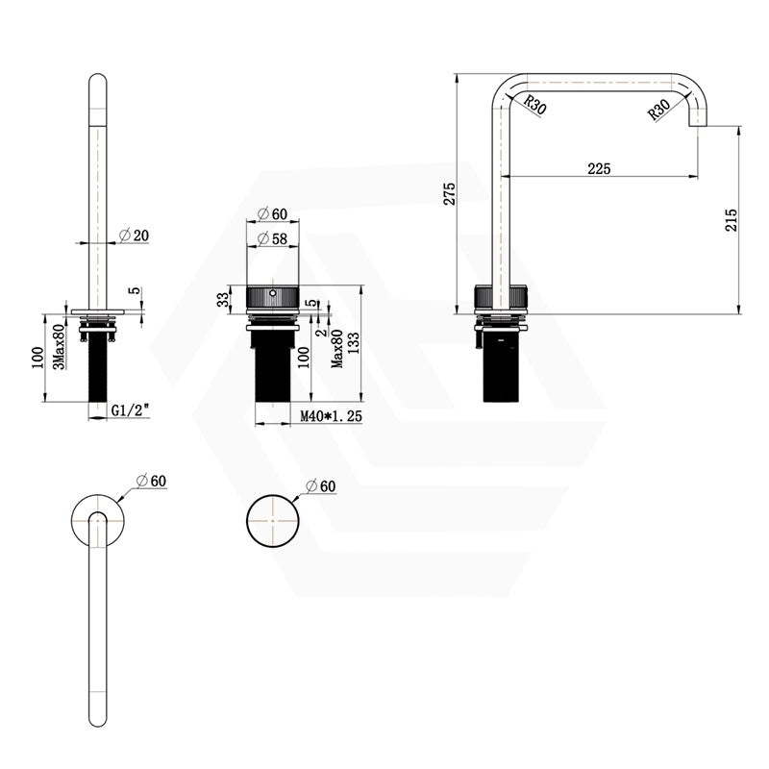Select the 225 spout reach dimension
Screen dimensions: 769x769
pos(599,168)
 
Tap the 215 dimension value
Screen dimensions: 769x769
pos(731,219)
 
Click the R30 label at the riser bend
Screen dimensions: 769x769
pos(535,105)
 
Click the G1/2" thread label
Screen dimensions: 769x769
pos(128,409)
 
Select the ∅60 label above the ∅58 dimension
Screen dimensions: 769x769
pos(273,213)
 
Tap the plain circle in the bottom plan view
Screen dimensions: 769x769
pos(274,524)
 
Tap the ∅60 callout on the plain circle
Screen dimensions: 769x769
pos(321,487)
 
